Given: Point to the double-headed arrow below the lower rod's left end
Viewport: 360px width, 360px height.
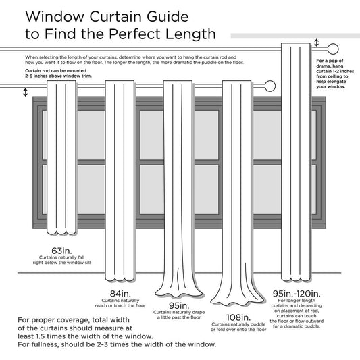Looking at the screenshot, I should (x=26, y=92).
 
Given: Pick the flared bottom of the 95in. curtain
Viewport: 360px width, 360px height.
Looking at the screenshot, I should (x=178, y=287).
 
